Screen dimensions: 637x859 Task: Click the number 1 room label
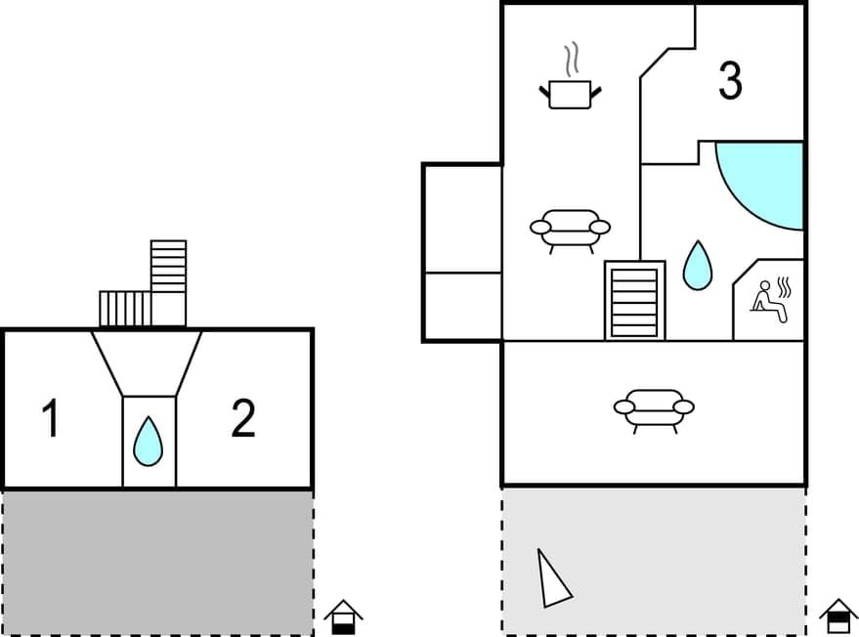(51, 419)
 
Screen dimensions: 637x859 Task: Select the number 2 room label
(243, 418)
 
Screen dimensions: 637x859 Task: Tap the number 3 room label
(730, 81)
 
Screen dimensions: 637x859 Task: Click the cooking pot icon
(570, 94)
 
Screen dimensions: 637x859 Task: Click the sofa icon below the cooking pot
(570, 230)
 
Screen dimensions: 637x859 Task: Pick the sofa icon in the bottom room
(654, 408)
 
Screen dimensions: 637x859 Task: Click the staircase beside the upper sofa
(634, 300)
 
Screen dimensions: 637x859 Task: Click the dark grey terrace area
(156, 562)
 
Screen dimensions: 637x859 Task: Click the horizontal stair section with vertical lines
(125, 309)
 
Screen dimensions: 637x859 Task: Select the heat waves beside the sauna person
(783, 286)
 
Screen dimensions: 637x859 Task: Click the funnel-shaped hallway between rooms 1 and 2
(148, 363)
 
